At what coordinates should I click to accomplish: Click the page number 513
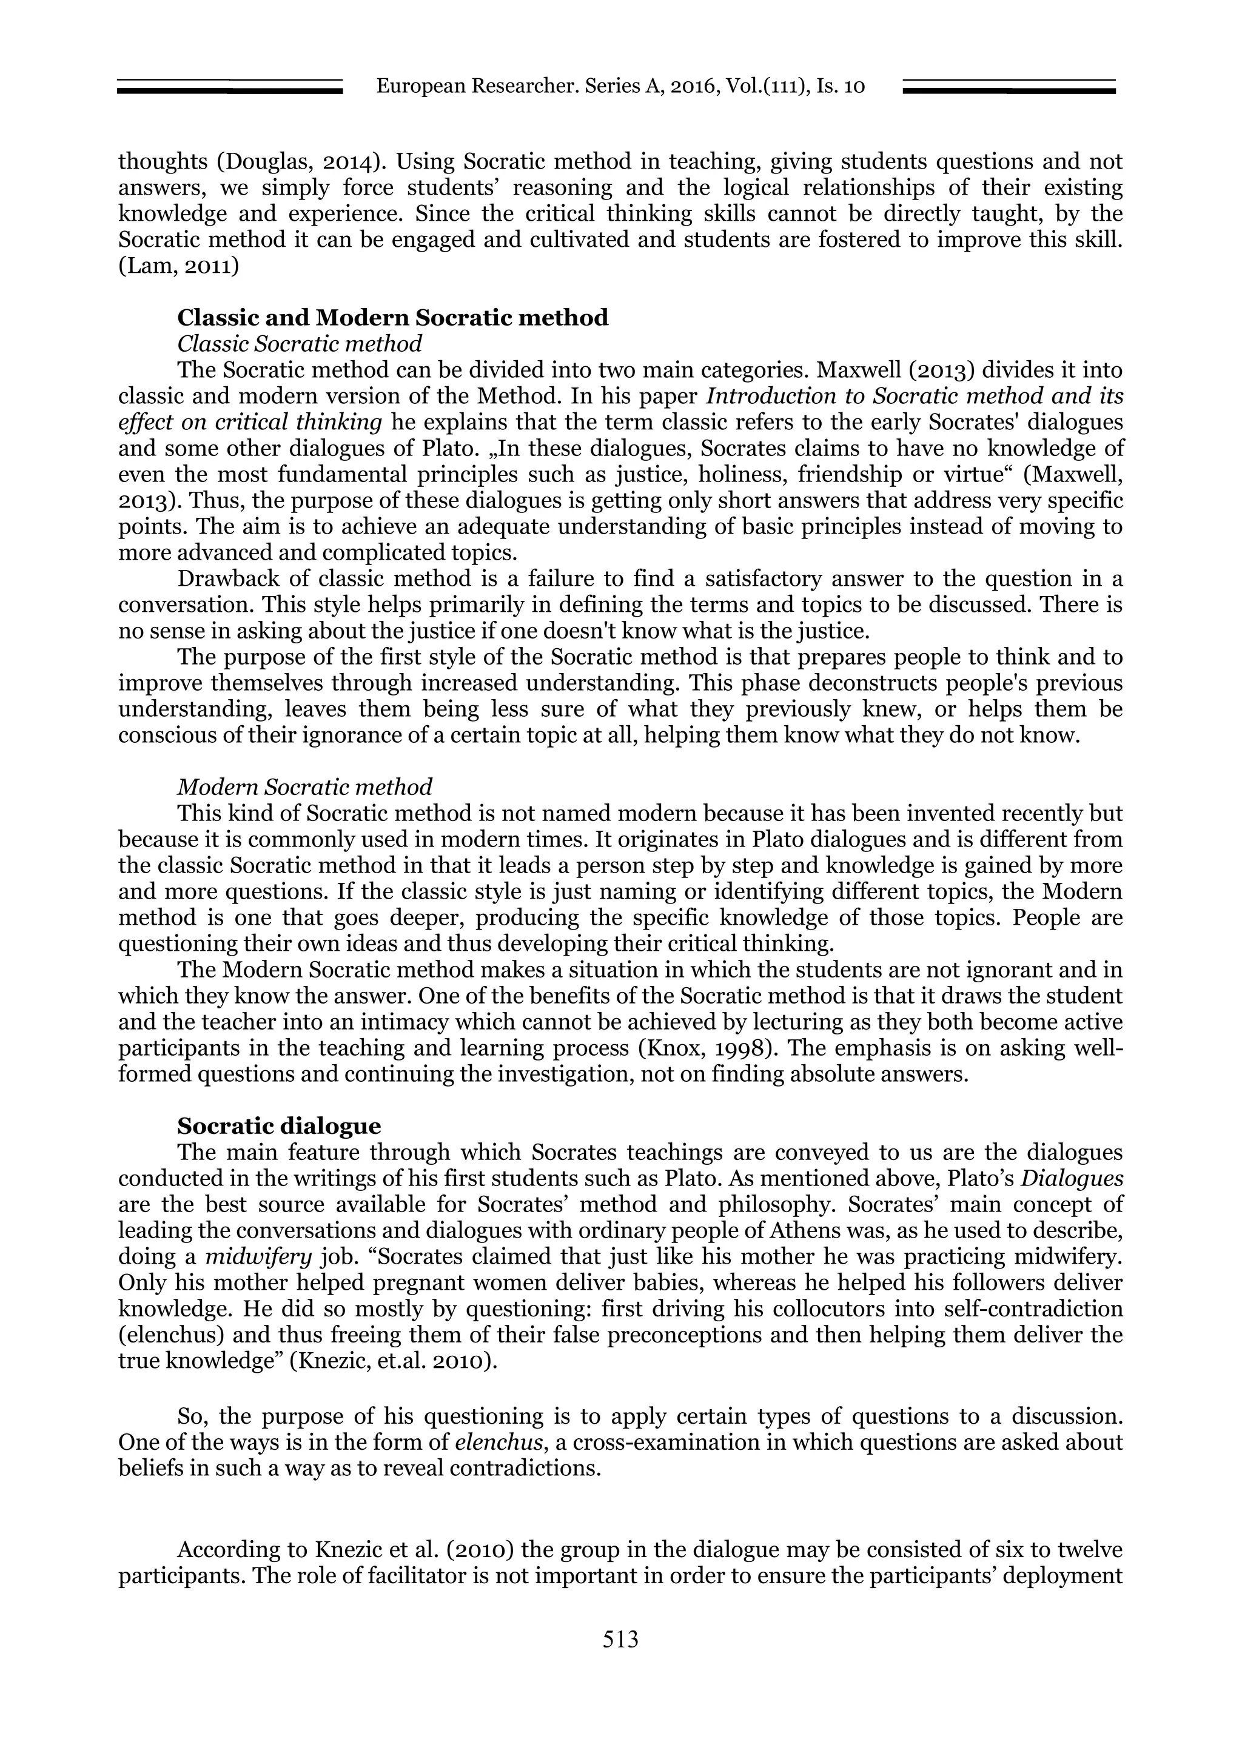[620, 1638]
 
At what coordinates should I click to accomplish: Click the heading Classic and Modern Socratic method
[392, 317]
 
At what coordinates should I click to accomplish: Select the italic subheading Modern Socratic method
[304, 786]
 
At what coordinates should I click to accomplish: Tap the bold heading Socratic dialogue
[278, 1127]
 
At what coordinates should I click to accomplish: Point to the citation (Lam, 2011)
[178, 266]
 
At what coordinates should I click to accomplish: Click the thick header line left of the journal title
[229, 91]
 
